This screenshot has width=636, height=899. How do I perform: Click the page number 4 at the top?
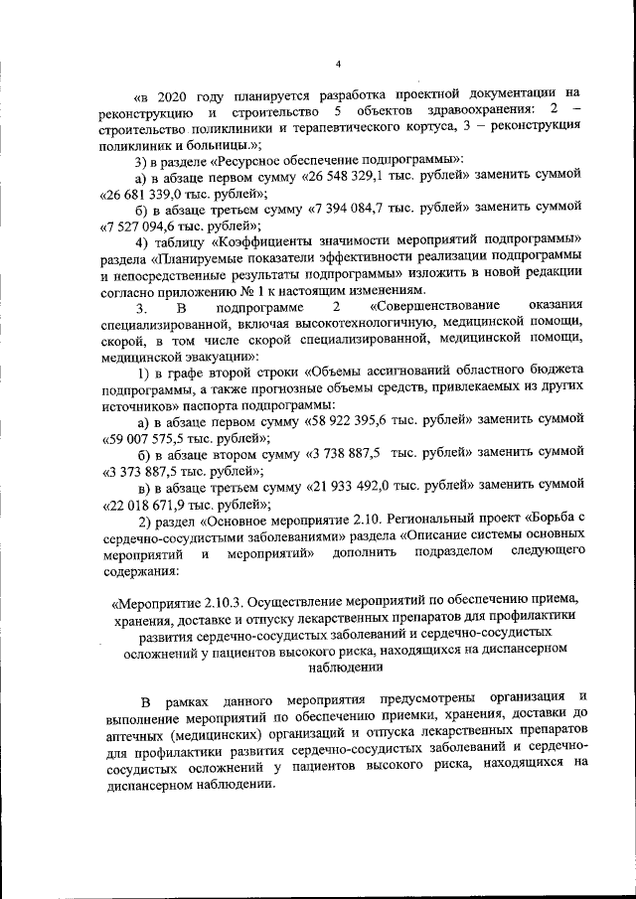pos(338,66)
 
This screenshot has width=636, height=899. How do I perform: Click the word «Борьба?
pos(538,520)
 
